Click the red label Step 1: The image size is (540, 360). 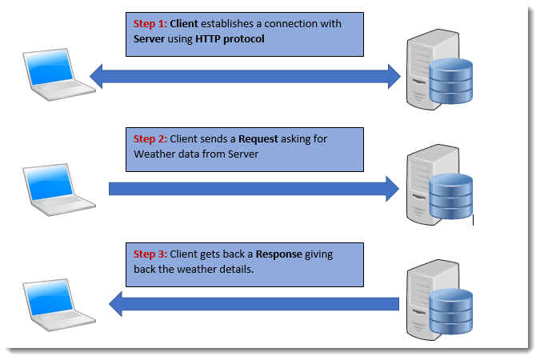pyautogui.click(x=150, y=24)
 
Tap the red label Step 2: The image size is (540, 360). pyautogui.click(x=150, y=138)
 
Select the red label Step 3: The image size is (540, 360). pyautogui.click(x=150, y=254)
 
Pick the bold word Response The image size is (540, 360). pyautogui.click(x=278, y=254)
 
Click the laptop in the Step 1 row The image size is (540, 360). pyautogui.click(x=53, y=75)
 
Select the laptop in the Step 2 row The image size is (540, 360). pyautogui.click(x=53, y=189)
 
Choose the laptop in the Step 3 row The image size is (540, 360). pyautogui.click(x=53, y=303)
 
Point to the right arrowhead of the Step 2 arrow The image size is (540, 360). pyautogui.click(x=391, y=189)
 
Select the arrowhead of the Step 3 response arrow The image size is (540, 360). pyautogui.click(x=117, y=303)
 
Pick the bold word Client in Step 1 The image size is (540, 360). pyautogui.click(x=186, y=24)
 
